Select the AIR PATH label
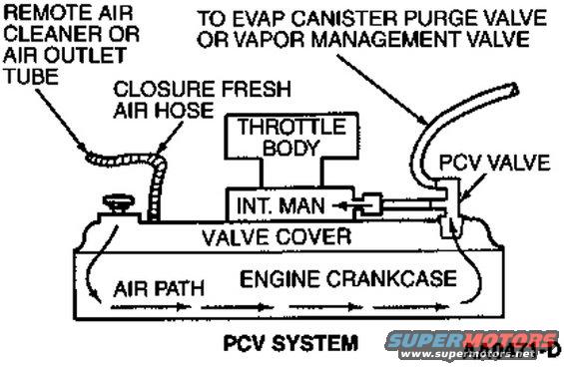click(160, 289)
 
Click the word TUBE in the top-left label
click(26, 77)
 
